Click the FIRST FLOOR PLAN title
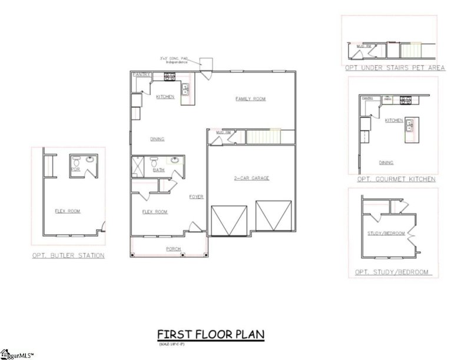[210, 335]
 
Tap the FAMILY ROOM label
[250, 99]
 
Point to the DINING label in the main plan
[157, 139]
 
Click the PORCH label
[173, 249]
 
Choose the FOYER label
[196, 196]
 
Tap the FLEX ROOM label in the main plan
[155, 211]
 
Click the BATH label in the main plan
[159, 170]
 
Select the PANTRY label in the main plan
[141, 75]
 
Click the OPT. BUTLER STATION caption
[69, 255]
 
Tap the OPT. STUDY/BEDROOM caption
[391, 272]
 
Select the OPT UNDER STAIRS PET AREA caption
[394, 68]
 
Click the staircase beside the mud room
[263, 138]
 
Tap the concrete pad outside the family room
[206, 63]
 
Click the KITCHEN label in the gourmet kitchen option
[394, 120]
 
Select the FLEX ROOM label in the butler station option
[68, 211]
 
